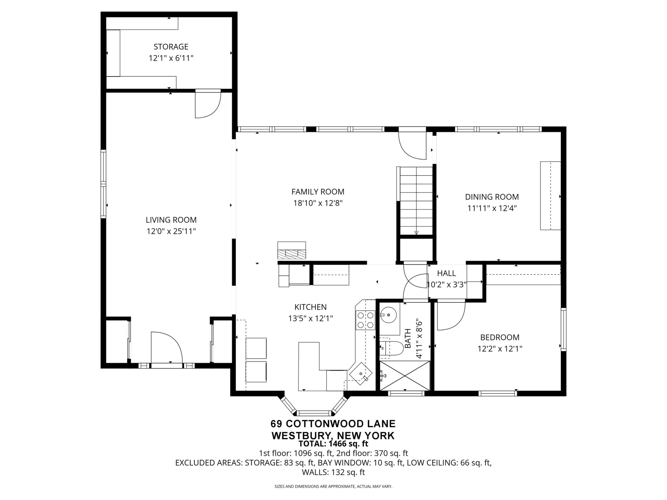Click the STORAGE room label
(171, 47)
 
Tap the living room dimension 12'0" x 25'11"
(171, 232)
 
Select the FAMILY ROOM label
(318, 192)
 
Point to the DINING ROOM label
(492, 197)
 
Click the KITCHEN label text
(311, 307)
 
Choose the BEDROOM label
(500, 337)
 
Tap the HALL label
(447, 273)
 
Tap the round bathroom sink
(389, 315)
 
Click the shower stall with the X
(405, 376)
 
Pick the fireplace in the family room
(292, 251)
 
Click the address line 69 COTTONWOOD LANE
(333, 424)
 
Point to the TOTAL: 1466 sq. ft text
(333, 444)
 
